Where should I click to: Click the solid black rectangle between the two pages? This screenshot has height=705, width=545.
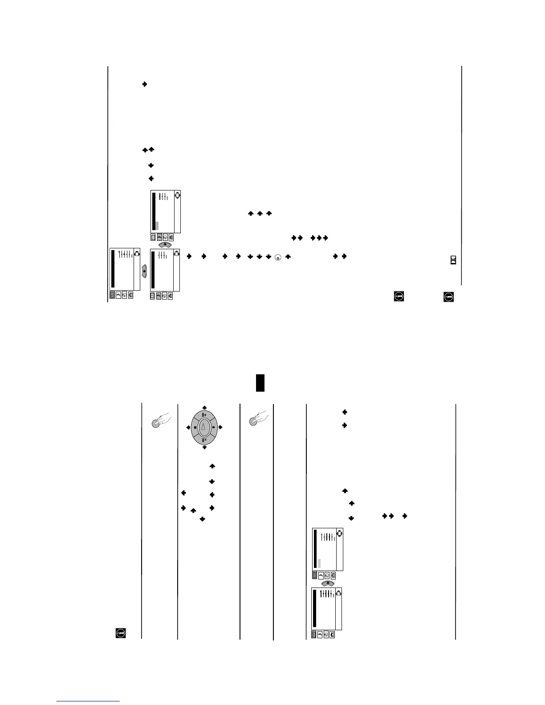pyautogui.click(x=260, y=383)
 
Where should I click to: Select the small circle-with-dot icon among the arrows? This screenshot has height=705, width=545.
pyautogui.click(x=278, y=257)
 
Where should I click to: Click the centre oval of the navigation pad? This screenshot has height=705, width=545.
pyautogui.click(x=204, y=427)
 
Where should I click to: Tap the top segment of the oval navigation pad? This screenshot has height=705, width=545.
pyautogui.click(x=204, y=413)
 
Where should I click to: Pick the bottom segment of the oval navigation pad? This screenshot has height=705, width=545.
pyautogui.click(x=204, y=441)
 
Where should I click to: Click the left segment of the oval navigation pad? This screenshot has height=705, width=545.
pyautogui.click(x=195, y=427)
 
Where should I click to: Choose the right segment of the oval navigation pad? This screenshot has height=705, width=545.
pyautogui.click(x=213, y=427)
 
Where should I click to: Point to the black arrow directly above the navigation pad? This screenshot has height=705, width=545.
pyautogui.click(x=204, y=407)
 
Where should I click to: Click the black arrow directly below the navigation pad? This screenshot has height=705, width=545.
pyautogui.click(x=204, y=447)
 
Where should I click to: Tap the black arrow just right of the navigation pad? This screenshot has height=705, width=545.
pyautogui.click(x=220, y=427)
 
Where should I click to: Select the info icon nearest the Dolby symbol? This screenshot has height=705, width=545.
pyautogui.click(x=448, y=296)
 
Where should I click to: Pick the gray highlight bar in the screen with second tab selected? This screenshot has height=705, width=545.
pyautogui.click(x=157, y=226)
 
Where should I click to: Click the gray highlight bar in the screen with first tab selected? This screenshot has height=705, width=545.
pyautogui.click(x=319, y=563)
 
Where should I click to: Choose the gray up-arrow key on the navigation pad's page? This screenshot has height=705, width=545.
pyautogui.click(x=328, y=583)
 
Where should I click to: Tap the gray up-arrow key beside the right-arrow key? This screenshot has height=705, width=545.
pyautogui.click(x=165, y=245)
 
